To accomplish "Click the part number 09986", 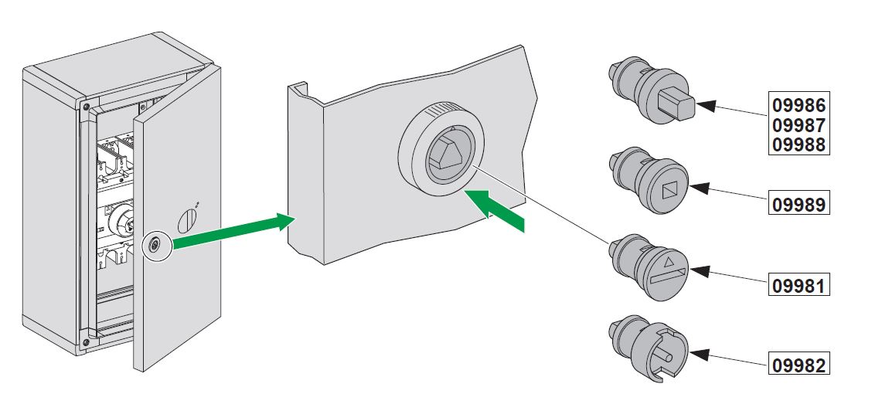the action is click(x=799, y=105).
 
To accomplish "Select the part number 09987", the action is click(x=799, y=125).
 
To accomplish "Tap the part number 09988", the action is click(x=799, y=144).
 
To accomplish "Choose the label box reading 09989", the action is click(x=799, y=204).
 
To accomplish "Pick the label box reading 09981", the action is click(x=799, y=286).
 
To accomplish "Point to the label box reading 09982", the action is click(x=799, y=365).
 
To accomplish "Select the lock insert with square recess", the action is click(x=649, y=180).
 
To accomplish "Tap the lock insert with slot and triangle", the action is click(x=649, y=267).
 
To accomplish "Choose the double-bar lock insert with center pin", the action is click(x=649, y=350).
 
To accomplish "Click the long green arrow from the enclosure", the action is click(x=233, y=230).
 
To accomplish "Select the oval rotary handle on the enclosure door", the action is click(x=187, y=220).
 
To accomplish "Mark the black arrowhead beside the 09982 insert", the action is click(x=699, y=355).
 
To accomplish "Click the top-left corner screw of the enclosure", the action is click(x=85, y=106).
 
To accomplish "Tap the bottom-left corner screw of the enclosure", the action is click(x=85, y=341).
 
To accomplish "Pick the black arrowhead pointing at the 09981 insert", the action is click(x=699, y=271).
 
